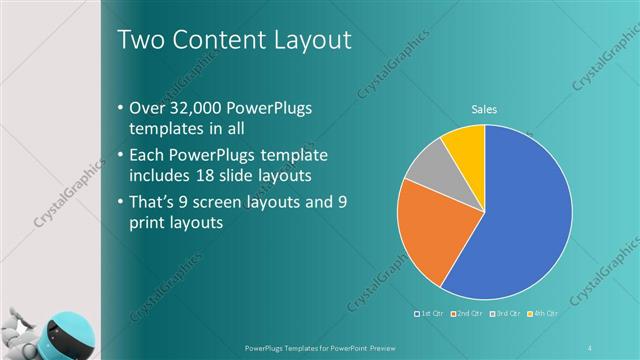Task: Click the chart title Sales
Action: pos(485,110)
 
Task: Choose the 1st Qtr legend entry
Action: pos(431,314)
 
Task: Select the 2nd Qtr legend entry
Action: pos(468,314)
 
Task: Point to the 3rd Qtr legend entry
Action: pos(505,314)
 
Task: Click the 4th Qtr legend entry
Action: pos(541,314)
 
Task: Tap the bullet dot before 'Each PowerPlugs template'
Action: pos(121,156)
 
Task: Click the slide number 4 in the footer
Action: pos(590,347)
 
